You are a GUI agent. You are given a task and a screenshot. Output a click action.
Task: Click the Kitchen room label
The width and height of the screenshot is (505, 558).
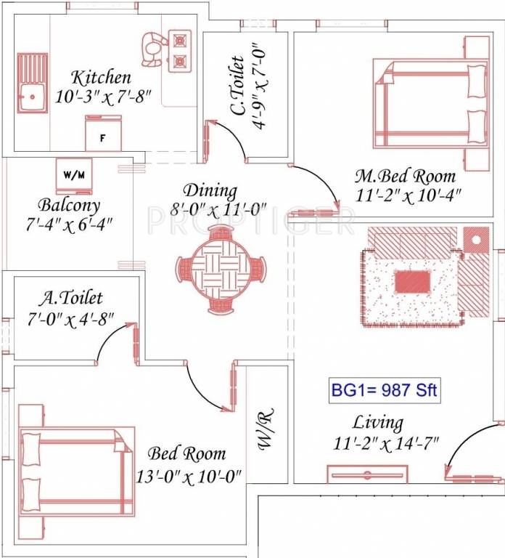[101, 77]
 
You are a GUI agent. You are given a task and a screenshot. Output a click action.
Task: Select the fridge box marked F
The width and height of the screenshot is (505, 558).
[103, 135]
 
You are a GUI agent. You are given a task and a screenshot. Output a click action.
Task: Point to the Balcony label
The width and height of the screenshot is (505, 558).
[70, 205]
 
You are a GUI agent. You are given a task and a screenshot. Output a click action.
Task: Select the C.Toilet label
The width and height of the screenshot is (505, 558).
[237, 86]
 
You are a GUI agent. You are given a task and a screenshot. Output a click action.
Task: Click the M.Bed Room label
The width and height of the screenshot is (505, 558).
[405, 176]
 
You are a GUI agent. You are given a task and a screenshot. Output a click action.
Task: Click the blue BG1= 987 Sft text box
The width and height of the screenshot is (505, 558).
[383, 390]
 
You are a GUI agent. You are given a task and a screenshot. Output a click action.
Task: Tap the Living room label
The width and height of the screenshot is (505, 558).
[377, 422]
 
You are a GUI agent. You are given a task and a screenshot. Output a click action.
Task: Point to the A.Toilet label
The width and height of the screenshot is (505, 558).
[71, 297]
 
